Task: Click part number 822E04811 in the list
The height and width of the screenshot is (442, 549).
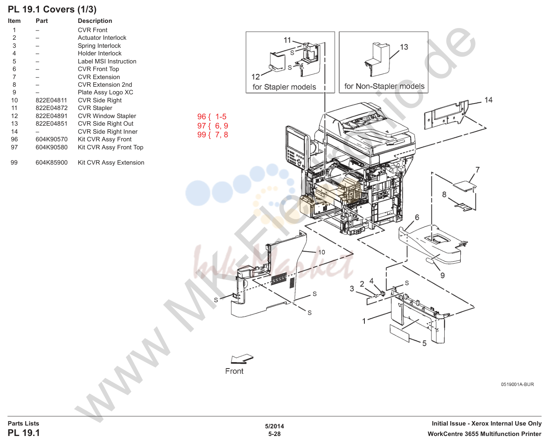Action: (51, 100)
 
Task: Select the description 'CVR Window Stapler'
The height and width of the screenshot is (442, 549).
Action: (107, 116)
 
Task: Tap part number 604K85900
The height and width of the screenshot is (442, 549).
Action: (51, 163)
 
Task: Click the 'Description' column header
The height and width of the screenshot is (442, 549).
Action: (95, 21)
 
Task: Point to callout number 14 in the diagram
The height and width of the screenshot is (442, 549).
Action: (488, 100)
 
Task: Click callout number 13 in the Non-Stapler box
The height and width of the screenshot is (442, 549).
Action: (404, 47)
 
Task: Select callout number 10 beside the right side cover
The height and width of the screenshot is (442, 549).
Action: (321, 252)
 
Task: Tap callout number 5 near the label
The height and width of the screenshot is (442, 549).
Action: (424, 344)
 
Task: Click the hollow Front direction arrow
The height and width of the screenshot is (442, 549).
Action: (242, 358)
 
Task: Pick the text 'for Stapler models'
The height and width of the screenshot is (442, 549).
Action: (284, 87)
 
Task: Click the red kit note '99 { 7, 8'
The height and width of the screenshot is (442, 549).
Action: (213, 135)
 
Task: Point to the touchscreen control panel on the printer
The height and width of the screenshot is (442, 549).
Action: (296, 147)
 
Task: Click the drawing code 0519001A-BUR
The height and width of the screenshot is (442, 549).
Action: (517, 384)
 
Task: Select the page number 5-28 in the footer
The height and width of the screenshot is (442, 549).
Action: (274, 434)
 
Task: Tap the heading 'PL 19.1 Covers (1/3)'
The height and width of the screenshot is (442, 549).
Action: (52, 10)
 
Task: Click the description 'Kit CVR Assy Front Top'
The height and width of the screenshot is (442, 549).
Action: (110, 147)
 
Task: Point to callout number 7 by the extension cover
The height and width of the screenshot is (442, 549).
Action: (477, 170)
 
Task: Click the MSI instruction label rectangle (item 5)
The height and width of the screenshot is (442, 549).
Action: (399, 333)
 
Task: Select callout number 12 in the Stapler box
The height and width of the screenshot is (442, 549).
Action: (255, 77)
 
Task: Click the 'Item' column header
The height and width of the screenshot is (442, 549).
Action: (14, 21)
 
